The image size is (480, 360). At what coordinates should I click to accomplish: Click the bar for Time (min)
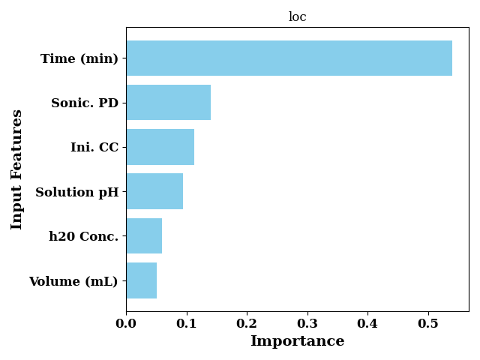pos(289,58)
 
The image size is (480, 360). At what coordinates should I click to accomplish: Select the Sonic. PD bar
pos(169,103)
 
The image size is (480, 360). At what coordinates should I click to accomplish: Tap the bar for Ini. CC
pos(160,147)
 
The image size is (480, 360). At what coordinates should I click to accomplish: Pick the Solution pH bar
pos(155,191)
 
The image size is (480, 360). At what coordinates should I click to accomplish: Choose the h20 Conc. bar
pos(144,236)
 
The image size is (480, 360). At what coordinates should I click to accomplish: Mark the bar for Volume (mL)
pos(142,280)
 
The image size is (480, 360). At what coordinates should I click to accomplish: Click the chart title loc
pos(298,16)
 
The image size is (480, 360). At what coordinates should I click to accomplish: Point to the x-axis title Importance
pos(298,341)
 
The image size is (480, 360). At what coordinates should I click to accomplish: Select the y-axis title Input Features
pos(16,169)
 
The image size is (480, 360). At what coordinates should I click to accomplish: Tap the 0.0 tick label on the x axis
pos(126,323)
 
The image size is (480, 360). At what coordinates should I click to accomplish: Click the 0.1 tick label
pos(187,323)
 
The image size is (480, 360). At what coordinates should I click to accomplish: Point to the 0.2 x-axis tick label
pos(247,323)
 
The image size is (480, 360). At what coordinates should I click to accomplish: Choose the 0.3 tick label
pos(307,323)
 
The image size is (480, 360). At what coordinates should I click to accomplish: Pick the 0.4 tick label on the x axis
pos(367,323)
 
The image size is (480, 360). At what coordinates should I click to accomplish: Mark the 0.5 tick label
pos(428,323)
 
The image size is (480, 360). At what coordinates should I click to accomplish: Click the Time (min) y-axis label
pos(79,58)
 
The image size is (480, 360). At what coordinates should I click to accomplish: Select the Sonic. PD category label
pos(85,103)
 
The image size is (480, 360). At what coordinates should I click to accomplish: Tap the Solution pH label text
pos(77,193)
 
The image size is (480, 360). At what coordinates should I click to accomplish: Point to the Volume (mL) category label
pos(73,281)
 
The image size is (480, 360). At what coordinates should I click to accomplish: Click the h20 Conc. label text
pos(83,236)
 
